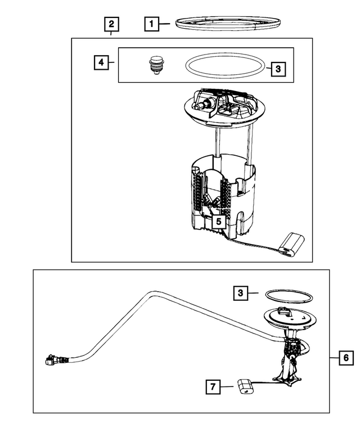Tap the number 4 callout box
[x=101, y=62]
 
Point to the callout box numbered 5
[x=218, y=221]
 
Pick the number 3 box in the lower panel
[x=240, y=292]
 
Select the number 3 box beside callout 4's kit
[x=278, y=69]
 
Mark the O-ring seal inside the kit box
[x=224, y=66]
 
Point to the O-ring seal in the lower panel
[x=285, y=296]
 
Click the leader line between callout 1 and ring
[x=166, y=24]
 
